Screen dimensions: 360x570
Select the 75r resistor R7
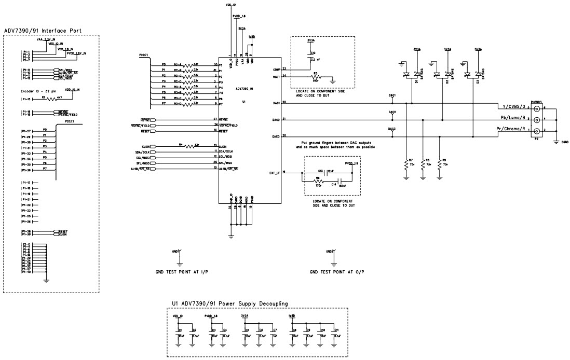[407, 164]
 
